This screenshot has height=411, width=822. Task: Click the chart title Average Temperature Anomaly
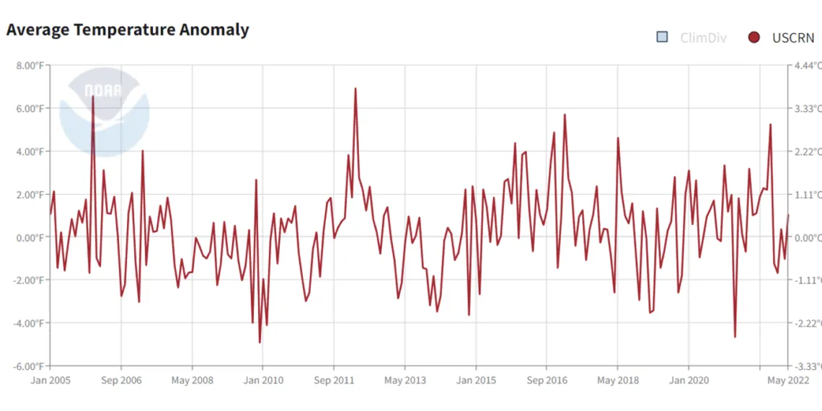click(128, 30)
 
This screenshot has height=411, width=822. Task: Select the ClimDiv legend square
click(662, 37)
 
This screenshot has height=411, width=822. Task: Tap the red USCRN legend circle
click(753, 37)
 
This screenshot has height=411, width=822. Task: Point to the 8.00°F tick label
click(31, 66)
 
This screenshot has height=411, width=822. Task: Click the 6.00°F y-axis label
click(31, 108)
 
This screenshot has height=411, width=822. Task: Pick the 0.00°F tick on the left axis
click(31, 237)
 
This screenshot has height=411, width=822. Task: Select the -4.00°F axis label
click(30, 323)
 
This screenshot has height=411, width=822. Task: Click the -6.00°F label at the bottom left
click(30, 366)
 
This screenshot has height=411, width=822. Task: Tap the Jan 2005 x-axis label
click(50, 380)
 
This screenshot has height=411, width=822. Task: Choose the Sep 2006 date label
click(121, 380)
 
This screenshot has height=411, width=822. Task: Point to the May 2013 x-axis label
click(405, 380)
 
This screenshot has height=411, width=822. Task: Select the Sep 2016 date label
click(547, 380)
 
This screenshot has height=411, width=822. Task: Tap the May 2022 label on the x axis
click(787, 380)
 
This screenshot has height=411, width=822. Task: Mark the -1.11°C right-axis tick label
click(806, 280)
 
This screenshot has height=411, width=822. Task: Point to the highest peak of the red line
click(355, 88)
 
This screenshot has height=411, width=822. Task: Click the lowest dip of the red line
click(260, 342)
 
